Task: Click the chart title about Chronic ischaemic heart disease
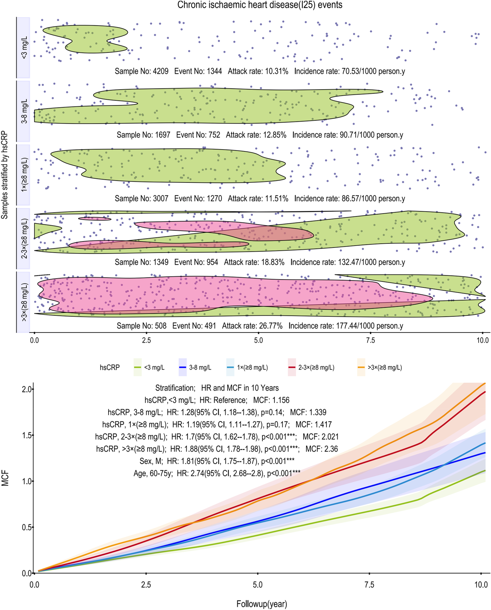coord(260,5)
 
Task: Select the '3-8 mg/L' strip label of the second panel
coord(24,111)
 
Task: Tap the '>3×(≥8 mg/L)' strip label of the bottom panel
coord(24,302)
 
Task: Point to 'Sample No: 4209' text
coord(141,71)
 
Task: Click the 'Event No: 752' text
coord(198,135)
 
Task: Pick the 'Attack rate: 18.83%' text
coord(254,262)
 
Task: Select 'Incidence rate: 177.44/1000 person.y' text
coord(346,326)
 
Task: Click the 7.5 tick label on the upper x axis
coord(370,340)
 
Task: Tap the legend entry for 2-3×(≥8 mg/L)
coord(311,367)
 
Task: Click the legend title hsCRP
coord(109,367)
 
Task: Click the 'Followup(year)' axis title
coord(262,604)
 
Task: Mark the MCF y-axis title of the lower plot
coord(5,478)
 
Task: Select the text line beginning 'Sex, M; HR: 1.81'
coord(217,461)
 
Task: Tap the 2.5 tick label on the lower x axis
coord(146,585)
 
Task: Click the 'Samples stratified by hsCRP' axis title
coord(5,175)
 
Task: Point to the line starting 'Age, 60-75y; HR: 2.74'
coord(217,473)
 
